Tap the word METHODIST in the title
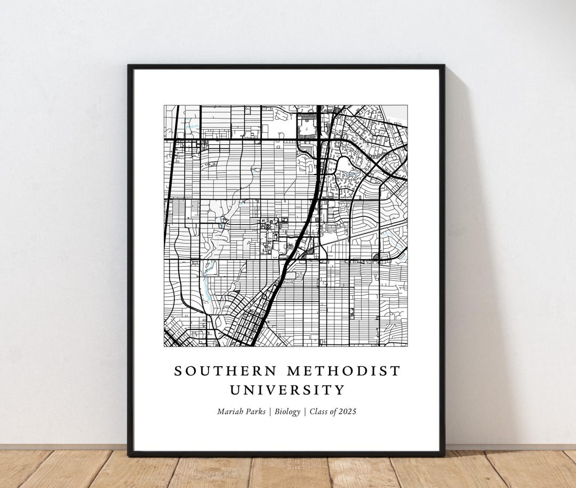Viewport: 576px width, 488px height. (344, 371)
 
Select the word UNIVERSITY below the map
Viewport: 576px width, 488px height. (287, 390)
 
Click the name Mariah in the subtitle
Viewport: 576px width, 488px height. (229, 412)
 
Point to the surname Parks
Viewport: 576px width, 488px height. (254, 412)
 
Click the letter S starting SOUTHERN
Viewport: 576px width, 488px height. (178, 371)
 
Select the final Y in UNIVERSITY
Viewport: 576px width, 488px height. (340, 390)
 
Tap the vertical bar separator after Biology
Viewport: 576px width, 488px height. (305, 412)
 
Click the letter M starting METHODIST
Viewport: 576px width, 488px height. (294, 371)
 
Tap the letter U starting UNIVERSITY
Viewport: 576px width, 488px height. (235, 390)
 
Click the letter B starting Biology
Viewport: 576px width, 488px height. (276, 412)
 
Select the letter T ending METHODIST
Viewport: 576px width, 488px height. (396, 371)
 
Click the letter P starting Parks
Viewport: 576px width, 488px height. (247, 412)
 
